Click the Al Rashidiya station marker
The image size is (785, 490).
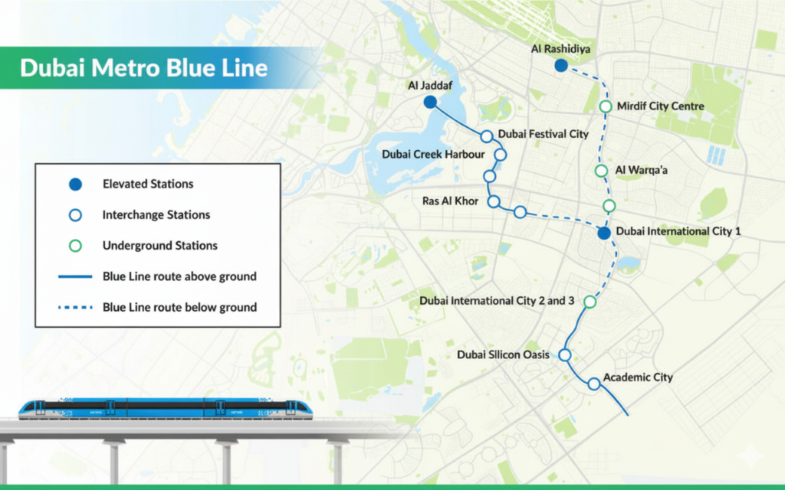point(561,66)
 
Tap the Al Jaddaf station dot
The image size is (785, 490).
point(430,102)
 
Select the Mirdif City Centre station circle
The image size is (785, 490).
point(606,106)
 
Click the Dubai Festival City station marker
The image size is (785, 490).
point(487,136)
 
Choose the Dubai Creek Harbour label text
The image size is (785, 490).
point(433,155)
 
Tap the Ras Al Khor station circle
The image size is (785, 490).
point(494,201)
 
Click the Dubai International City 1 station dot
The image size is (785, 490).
point(605,233)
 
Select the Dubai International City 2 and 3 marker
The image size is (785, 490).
point(590,302)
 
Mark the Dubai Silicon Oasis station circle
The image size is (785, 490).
point(565,355)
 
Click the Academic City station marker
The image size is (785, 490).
point(594,384)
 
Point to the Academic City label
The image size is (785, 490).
point(638,377)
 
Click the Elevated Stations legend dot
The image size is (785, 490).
point(75,185)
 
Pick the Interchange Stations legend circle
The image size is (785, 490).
point(75,215)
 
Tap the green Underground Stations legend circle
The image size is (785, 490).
point(75,246)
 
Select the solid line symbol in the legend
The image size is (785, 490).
point(75,276)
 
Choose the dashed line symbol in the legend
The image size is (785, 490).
point(75,307)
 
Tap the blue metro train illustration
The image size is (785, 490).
point(166,408)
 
